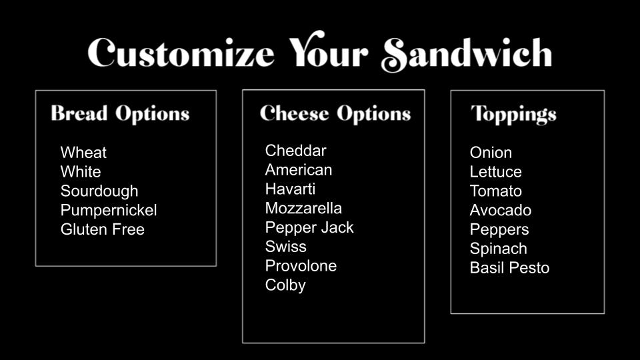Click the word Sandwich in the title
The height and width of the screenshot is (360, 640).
click(467, 54)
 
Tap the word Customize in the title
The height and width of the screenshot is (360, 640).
click(181, 53)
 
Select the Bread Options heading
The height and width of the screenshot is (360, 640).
click(121, 114)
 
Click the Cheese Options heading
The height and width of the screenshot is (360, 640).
click(335, 114)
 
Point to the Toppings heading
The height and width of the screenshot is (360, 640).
click(513, 115)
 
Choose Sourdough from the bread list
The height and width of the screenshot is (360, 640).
click(99, 191)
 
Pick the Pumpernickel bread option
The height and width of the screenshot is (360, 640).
click(109, 210)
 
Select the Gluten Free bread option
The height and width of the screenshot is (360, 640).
click(103, 229)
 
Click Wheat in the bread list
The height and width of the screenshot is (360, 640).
click(83, 153)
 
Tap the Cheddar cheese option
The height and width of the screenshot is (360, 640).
click(295, 151)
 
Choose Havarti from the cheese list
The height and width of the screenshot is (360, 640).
click(290, 189)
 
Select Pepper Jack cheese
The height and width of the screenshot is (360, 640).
click(309, 227)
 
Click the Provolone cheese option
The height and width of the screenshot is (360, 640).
click(301, 266)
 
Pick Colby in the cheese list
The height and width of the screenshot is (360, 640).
click(285, 285)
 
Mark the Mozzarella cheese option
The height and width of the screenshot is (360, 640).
click(303, 208)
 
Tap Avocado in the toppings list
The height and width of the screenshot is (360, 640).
click(501, 210)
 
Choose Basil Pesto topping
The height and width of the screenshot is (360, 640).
click(509, 268)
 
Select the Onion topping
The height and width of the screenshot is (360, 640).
click(491, 153)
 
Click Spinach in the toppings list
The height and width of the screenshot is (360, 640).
click(499, 249)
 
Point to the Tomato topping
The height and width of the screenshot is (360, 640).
click(495, 191)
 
